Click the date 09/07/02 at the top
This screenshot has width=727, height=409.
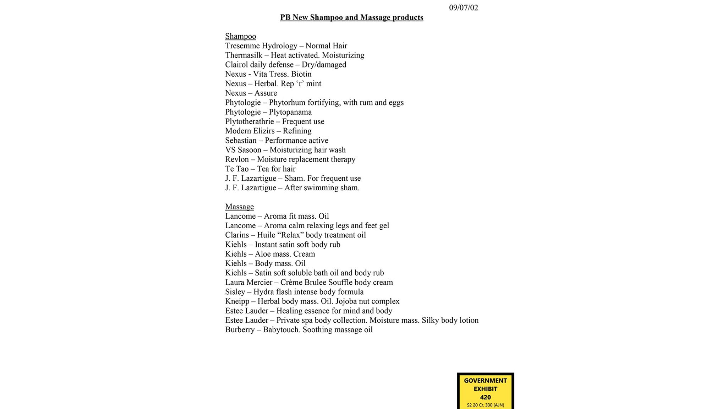[463, 8]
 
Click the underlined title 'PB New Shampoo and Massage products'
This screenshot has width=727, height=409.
[351, 17]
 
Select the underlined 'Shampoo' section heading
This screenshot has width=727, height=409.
[240, 36]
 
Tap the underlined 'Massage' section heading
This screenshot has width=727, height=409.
[239, 207]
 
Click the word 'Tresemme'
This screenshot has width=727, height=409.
[242, 46]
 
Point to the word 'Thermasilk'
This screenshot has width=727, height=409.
[244, 55]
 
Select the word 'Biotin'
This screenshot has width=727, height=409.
[301, 74]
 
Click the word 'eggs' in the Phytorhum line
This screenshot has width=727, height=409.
[396, 103]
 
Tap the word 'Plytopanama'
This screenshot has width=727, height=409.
[290, 112]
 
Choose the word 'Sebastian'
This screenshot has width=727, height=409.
[241, 141]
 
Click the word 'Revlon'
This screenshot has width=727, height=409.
[237, 159]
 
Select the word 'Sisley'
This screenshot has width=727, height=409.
[235, 292]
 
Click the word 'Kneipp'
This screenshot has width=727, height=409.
[237, 301]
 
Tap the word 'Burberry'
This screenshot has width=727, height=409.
[240, 330]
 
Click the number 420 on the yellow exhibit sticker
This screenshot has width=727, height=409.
[485, 397]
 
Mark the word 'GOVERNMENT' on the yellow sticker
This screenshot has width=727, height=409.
[485, 381]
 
